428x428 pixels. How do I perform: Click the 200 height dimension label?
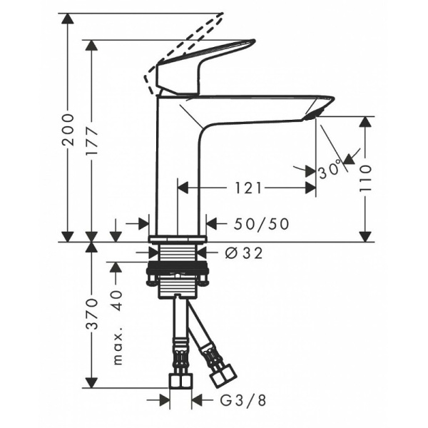click(x=68, y=129)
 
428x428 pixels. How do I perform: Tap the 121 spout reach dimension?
click(x=246, y=188)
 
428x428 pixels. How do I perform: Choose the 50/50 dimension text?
click(x=261, y=224)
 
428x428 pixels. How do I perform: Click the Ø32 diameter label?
click(x=237, y=253)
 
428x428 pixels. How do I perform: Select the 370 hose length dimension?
click(x=91, y=315)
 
